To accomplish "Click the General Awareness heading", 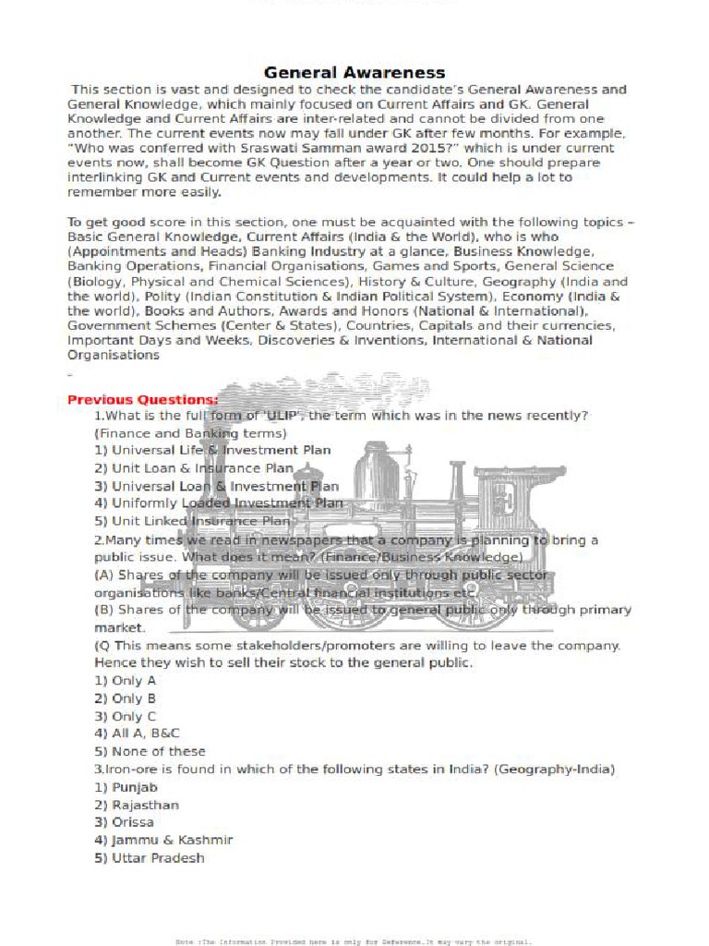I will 354,72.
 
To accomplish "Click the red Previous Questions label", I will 143,399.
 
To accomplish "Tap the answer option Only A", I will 126,681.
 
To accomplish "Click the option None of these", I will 150,751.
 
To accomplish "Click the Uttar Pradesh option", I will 149,858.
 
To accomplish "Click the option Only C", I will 126,716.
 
